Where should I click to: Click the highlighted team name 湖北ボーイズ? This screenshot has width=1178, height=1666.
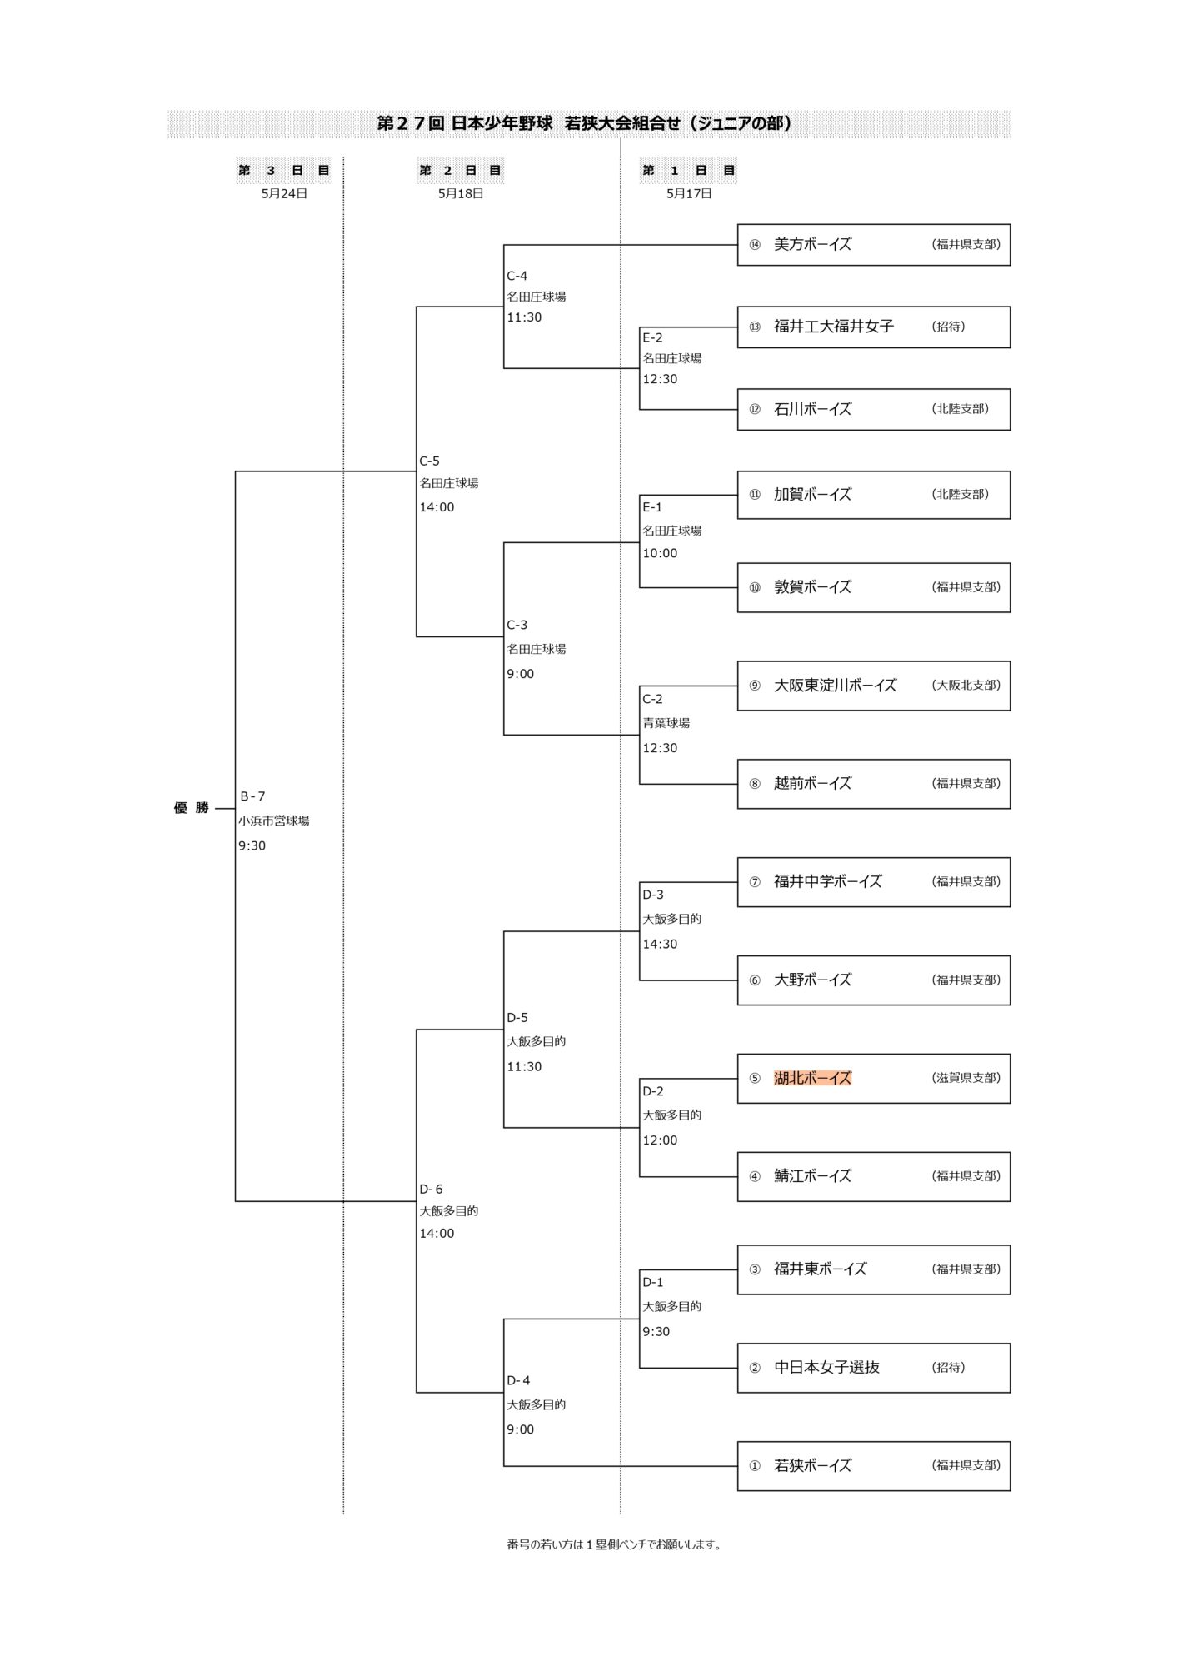[812, 1078]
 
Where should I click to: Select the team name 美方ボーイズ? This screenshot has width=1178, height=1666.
[812, 244]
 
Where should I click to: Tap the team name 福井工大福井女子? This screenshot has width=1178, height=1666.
[833, 327]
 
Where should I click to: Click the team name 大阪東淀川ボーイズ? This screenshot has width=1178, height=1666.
[835, 686]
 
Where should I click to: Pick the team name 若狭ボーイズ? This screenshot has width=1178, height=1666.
[812, 1465]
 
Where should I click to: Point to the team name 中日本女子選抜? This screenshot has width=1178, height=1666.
[826, 1367]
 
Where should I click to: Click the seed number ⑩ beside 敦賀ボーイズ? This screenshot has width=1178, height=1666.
[755, 587]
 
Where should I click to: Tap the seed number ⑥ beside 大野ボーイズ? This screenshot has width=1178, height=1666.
[755, 980]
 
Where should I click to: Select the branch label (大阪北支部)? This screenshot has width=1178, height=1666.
[966, 685]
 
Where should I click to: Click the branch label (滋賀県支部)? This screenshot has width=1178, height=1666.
[966, 1077]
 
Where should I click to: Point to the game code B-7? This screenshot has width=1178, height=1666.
[252, 796]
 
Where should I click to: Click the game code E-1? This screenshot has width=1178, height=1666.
[652, 506]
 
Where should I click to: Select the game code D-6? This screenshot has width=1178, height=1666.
[431, 1189]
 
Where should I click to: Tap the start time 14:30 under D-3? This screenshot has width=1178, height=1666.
[660, 944]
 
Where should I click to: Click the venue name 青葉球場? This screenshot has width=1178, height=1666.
[666, 723]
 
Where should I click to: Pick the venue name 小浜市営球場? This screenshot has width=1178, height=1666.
[273, 821]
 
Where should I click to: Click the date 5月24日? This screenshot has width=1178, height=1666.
[284, 193]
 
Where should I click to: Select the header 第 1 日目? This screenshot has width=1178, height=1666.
[688, 170]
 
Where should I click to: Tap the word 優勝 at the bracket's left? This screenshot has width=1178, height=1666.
[191, 808]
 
